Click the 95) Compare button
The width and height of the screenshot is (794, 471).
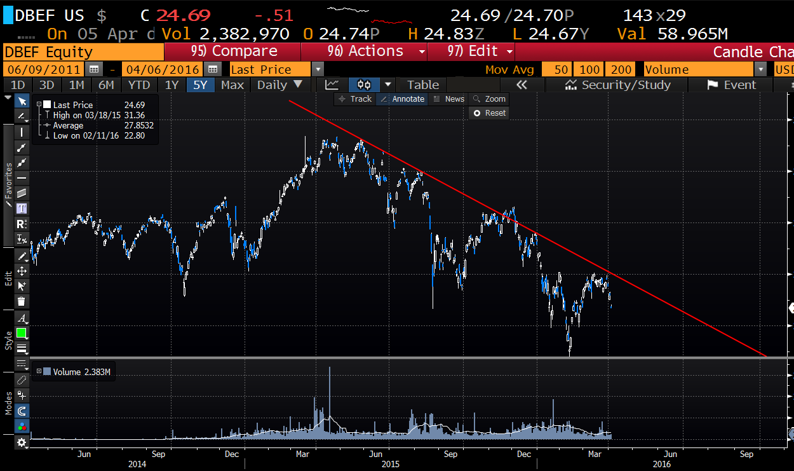232,51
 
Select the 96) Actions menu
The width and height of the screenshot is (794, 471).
365,51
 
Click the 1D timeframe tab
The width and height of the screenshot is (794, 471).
18,85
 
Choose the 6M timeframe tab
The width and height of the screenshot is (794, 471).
106,85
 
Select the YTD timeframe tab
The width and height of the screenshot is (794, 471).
138,85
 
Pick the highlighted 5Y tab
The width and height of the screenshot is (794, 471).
200,85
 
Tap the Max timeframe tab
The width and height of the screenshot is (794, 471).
232,85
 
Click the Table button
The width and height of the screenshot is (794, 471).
422,85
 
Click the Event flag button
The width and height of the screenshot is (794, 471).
731,85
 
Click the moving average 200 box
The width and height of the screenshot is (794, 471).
621,70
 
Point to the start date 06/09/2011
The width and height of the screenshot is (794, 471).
43,70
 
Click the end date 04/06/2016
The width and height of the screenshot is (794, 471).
164,70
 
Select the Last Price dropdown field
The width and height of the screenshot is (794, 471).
276,70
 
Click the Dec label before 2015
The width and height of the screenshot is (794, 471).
231,454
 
